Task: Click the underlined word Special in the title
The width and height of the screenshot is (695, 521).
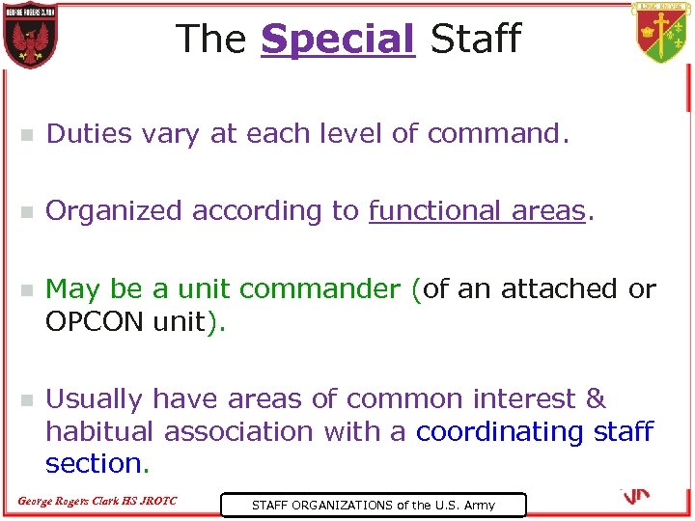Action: tap(337, 40)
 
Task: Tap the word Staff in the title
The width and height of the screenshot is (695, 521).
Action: tap(475, 40)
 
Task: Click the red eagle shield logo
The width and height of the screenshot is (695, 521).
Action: tap(30, 36)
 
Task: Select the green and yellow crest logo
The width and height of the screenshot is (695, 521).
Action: tap(663, 34)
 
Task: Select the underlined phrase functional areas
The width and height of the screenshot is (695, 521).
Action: tap(477, 210)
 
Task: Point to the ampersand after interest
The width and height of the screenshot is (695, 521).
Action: tap(596, 398)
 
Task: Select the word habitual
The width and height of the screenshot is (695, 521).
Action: tap(100, 430)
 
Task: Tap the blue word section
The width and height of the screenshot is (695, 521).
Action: tap(94, 463)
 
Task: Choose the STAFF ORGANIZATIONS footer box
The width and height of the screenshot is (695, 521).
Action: tap(373, 505)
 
